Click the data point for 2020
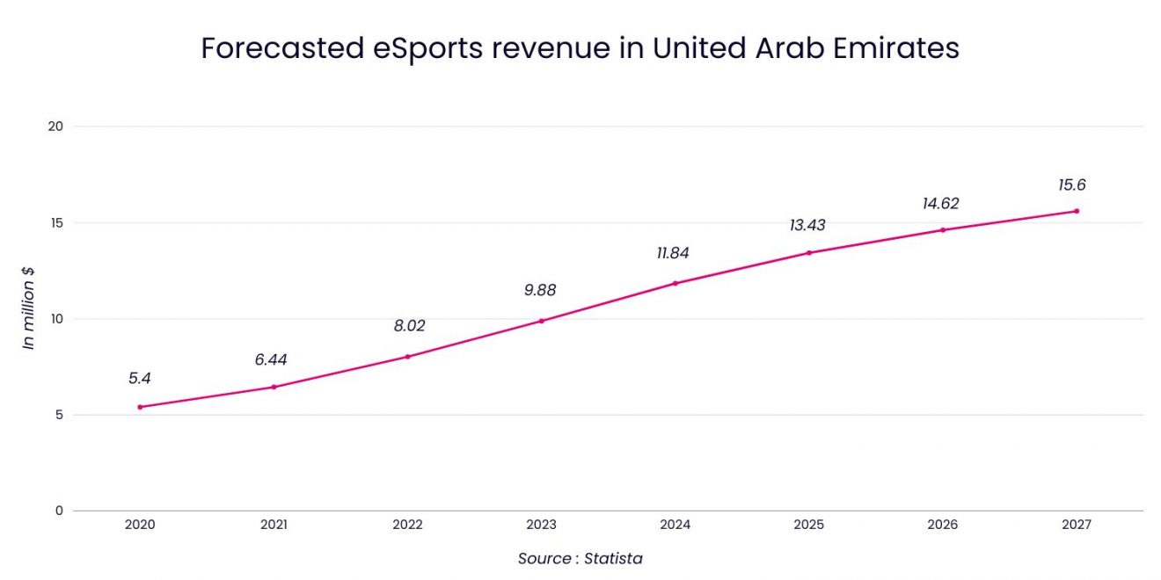(x=140, y=407)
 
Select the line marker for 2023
(x=541, y=321)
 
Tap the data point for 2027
(x=1076, y=211)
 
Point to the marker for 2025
(x=808, y=253)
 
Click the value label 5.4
(x=140, y=379)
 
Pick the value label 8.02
(x=409, y=326)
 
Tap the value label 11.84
(x=674, y=254)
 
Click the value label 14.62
(x=941, y=204)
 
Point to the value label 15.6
(x=1072, y=185)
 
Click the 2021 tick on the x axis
(x=274, y=525)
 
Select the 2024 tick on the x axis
(x=675, y=525)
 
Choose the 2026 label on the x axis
(x=942, y=525)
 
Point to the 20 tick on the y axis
(x=55, y=127)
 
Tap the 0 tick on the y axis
(x=59, y=511)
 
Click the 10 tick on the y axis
(x=56, y=319)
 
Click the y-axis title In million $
(x=29, y=308)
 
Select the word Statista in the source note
(x=614, y=559)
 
